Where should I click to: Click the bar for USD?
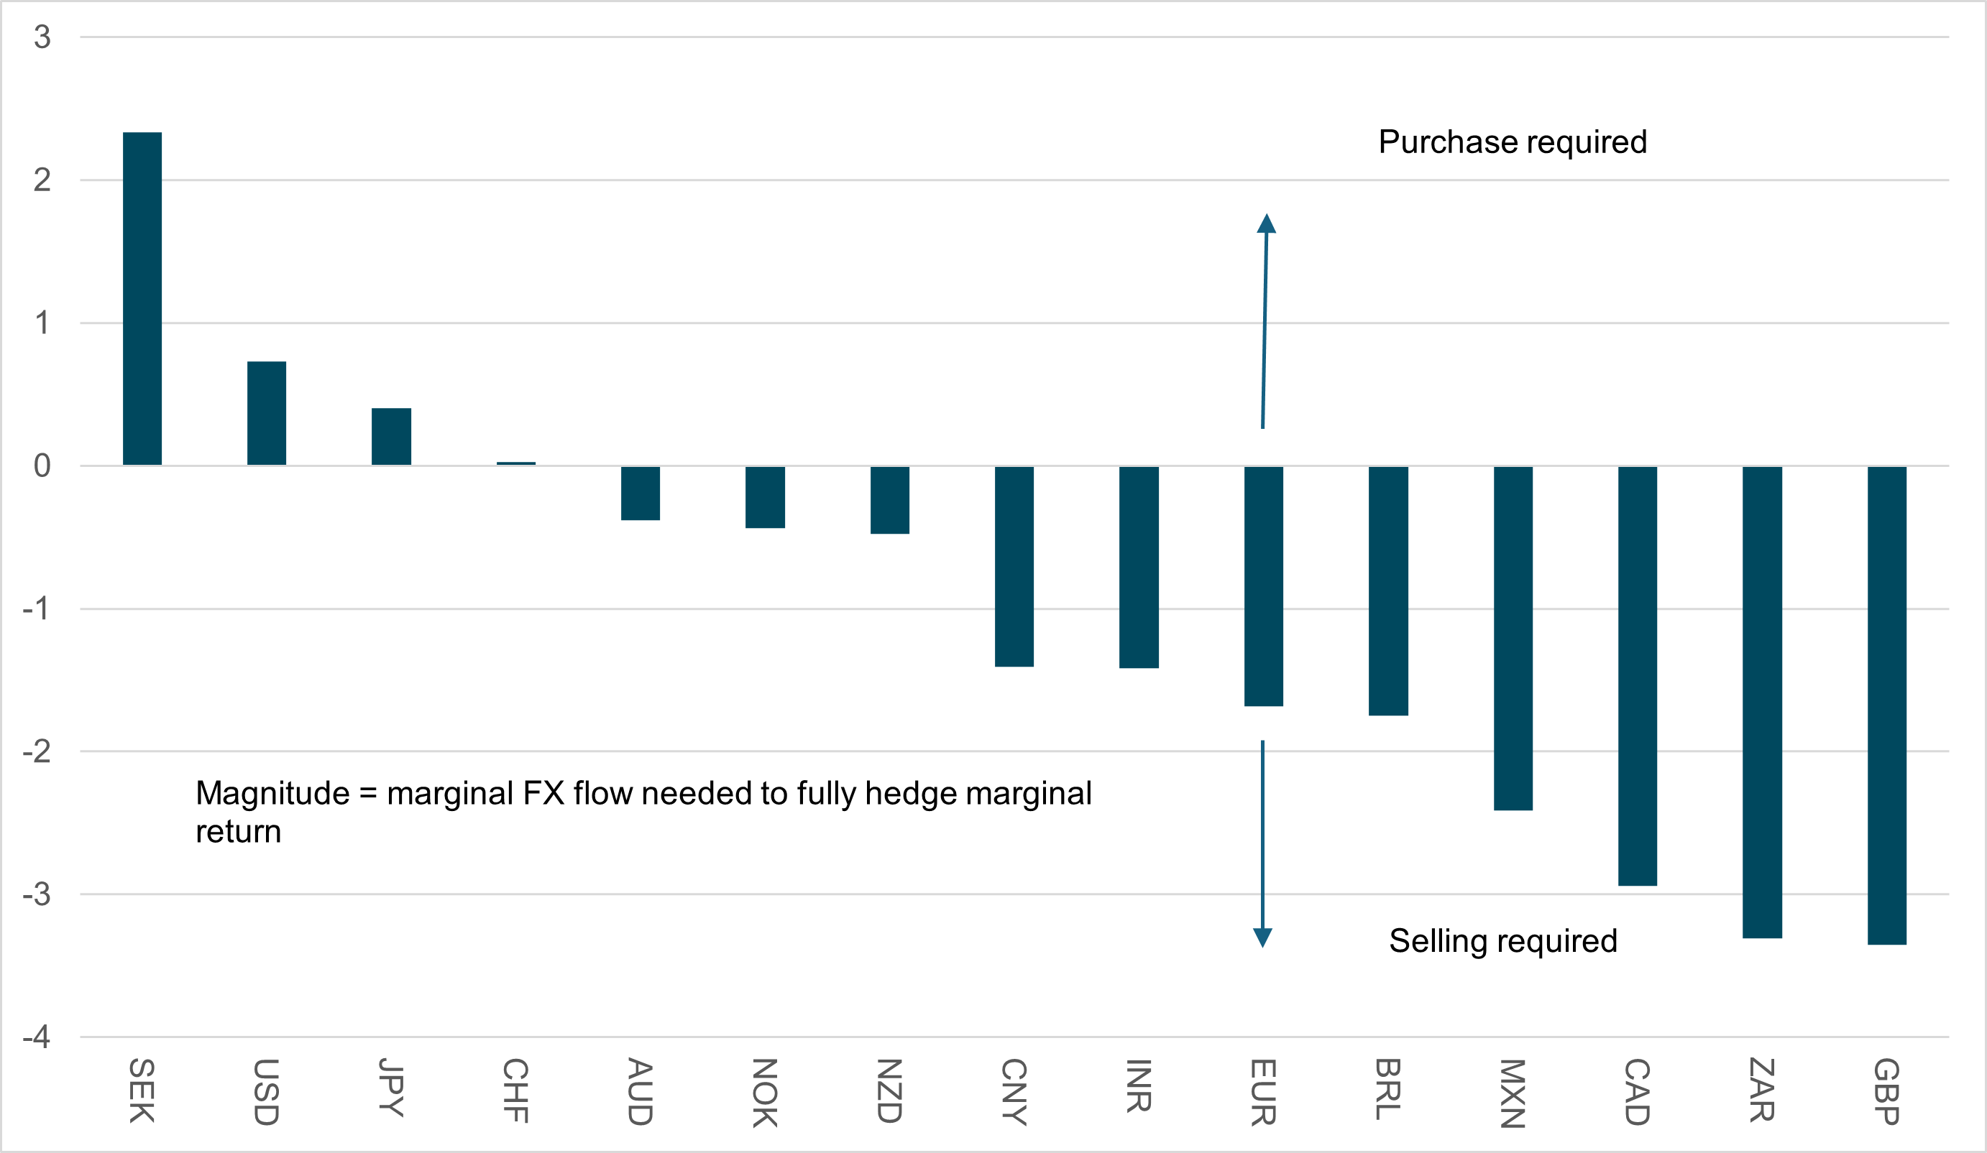click(x=267, y=413)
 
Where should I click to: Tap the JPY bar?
click(x=391, y=437)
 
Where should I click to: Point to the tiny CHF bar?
click(x=515, y=463)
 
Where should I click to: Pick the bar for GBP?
click(x=1887, y=705)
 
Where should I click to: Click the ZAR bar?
click(x=1762, y=702)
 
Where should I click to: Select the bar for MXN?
click(x=1513, y=639)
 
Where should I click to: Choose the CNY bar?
click(x=1014, y=567)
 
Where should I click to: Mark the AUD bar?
click(x=641, y=494)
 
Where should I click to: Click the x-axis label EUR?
click(x=1263, y=1093)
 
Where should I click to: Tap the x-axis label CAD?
click(x=1638, y=1093)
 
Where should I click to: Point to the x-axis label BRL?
click(x=1387, y=1089)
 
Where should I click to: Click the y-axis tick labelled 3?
click(x=42, y=37)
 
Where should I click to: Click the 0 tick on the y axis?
click(x=42, y=466)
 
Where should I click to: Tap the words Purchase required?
click(x=1513, y=142)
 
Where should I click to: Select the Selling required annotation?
click(x=1503, y=941)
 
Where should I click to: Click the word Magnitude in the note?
click(x=272, y=794)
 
